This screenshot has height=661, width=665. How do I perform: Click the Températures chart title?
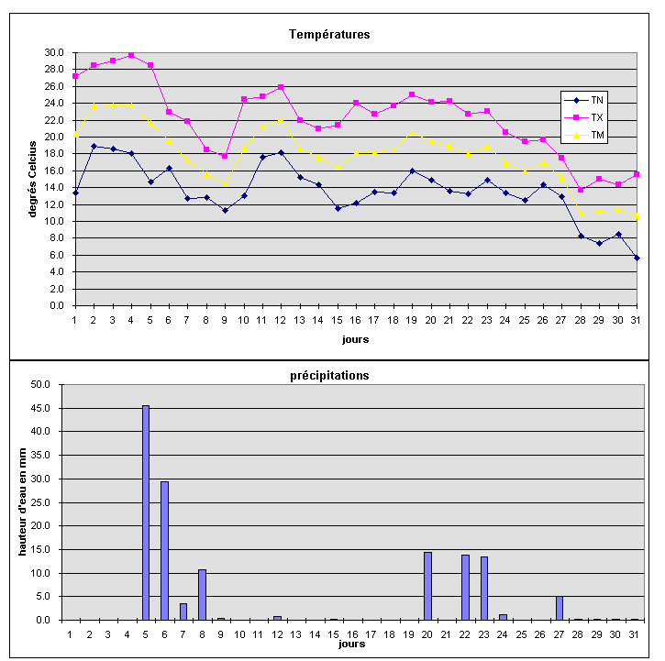[x=329, y=35]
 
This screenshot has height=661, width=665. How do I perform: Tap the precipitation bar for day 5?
[x=146, y=513]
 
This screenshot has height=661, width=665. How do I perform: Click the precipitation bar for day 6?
[x=164, y=550]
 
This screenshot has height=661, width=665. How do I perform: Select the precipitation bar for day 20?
[x=427, y=586]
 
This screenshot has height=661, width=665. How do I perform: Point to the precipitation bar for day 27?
[x=559, y=608]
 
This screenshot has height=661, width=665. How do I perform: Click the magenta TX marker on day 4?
[x=131, y=55]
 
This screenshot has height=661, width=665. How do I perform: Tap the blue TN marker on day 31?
[x=637, y=258]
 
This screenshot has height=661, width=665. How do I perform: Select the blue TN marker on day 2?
[x=94, y=146]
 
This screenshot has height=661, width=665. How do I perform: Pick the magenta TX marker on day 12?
[x=281, y=87]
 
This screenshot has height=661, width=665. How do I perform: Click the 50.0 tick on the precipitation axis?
[x=43, y=384]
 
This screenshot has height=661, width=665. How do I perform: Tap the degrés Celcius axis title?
[x=33, y=179]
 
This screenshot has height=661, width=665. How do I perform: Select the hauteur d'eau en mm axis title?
[x=22, y=501]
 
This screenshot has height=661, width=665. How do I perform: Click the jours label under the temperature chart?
[x=355, y=338]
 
